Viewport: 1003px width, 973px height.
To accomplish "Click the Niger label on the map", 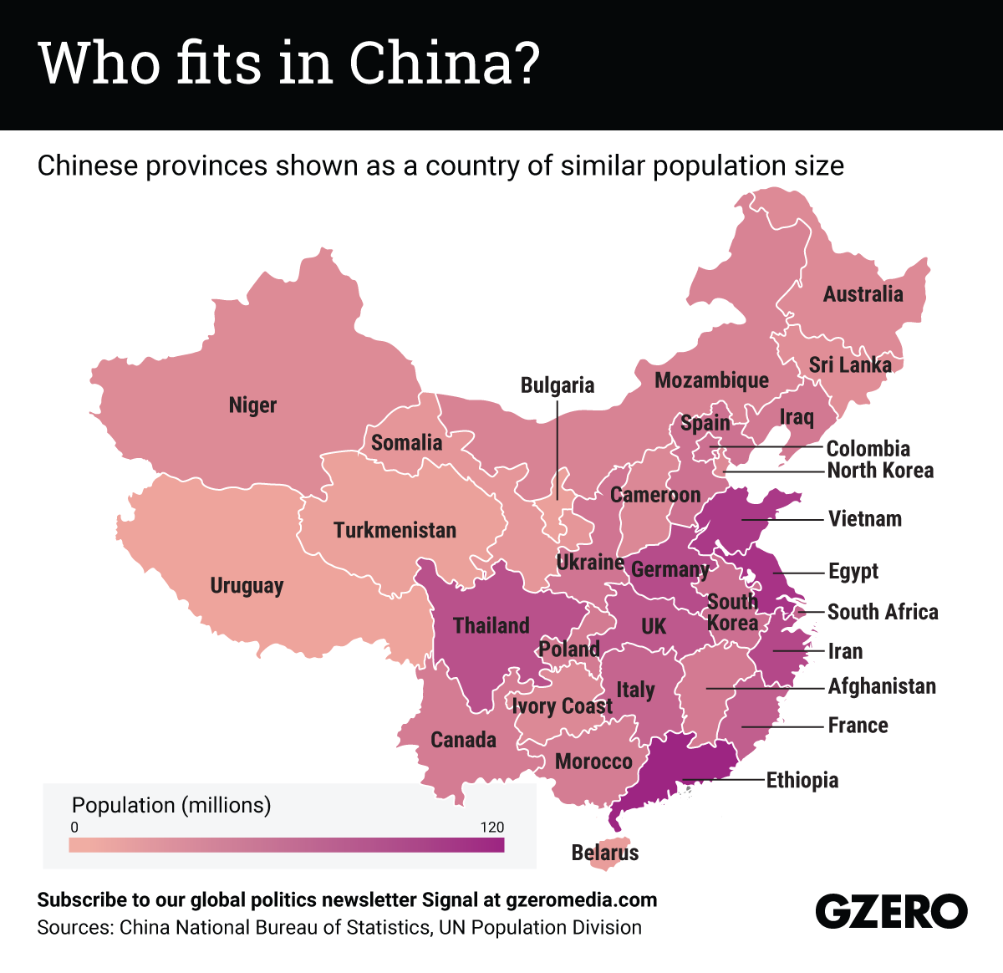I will (x=252, y=405).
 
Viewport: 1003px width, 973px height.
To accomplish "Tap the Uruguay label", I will (x=247, y=586).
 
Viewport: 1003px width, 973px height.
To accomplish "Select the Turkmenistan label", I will (x=395, y=530).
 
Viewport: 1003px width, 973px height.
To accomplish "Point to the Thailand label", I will (x=491, y=625).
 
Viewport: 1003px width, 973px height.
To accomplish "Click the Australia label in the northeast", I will (x=863, y=294).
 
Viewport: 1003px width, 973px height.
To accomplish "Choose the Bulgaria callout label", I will (x=558, y=385).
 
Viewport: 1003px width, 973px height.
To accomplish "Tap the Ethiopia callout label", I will (x=802, y=781).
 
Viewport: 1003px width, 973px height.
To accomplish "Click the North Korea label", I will (x=880, y=471).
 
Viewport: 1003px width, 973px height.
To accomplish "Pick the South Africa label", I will (x=883, y=612).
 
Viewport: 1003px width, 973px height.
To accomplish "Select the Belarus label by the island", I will (x=605, y=853).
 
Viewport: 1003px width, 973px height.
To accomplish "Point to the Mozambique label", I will (x=711, y=380).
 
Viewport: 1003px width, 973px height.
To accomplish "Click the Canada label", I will (x=463, y=740).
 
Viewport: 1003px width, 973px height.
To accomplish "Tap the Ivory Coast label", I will (x=563, y=707).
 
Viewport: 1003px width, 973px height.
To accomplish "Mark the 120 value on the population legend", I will (x=492, y=828).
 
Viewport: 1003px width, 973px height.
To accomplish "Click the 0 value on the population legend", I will (x=74, y=828).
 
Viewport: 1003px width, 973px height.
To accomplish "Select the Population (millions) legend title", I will (x=171, y=805).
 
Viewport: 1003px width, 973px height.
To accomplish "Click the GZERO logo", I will (x=891, y=911).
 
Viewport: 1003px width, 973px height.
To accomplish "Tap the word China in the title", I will (x=443, y=63).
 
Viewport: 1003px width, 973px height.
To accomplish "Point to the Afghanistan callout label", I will (x=882, y=687).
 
